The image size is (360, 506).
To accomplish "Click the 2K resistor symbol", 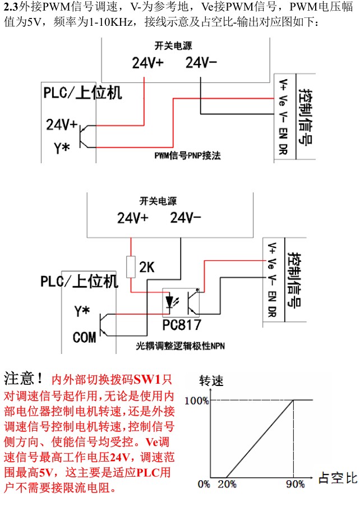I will (x=131, y=266).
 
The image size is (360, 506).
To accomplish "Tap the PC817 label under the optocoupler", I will (x=182, y=325).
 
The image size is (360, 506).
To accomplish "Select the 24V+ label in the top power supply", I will (x=147, y=63).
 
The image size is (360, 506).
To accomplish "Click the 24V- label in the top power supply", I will (x=201, y=63).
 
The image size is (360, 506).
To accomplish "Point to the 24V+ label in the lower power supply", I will (x=132, y=217).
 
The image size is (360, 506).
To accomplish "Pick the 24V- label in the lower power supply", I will (x=186, y=217).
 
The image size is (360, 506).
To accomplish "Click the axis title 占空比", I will (x=337, y=479).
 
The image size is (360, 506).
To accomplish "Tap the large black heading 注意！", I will (x=24, y=376).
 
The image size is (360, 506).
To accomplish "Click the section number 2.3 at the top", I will (x=11, y=8).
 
